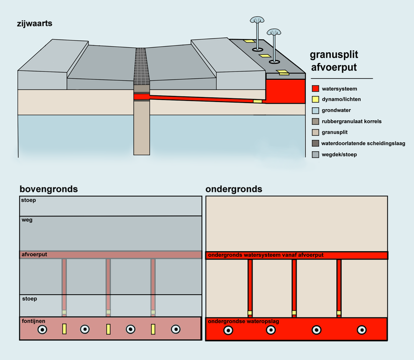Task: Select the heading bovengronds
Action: [x=49, y=189]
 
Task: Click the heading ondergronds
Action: [x=234, y=189]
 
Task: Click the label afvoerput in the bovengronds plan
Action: [x=34, y=255]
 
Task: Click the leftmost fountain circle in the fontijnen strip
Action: [x=42, y=329]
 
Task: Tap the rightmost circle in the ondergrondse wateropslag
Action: [x=361, y=330]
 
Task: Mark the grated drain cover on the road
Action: [x=141, y=66]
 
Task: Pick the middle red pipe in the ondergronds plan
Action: [x=294, y=285]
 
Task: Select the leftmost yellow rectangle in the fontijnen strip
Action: [x=64, y=329]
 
